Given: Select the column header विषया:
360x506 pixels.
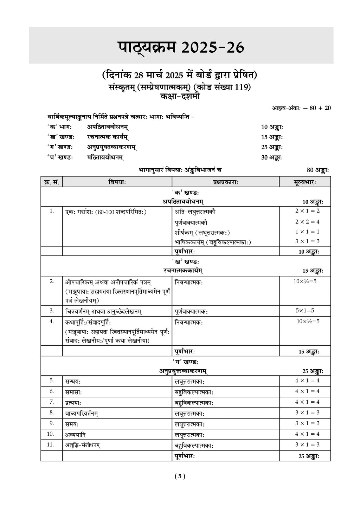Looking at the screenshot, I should (x=117, y=182).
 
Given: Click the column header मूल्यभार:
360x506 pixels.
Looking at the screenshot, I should (x=304, y=182).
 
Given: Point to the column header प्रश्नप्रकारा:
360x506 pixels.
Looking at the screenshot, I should (x=225, y=182).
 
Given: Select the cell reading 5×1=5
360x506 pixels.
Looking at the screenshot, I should (x=305, y=310).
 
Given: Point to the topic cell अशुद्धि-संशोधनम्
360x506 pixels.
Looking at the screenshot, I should (x=83, y=445).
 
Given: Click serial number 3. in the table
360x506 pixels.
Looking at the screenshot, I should (x=52, y=311).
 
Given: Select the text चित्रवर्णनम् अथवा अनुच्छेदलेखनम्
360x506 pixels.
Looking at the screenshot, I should (x=104, y=311).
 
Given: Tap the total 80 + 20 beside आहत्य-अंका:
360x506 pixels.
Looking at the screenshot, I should (x=320, y=108).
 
